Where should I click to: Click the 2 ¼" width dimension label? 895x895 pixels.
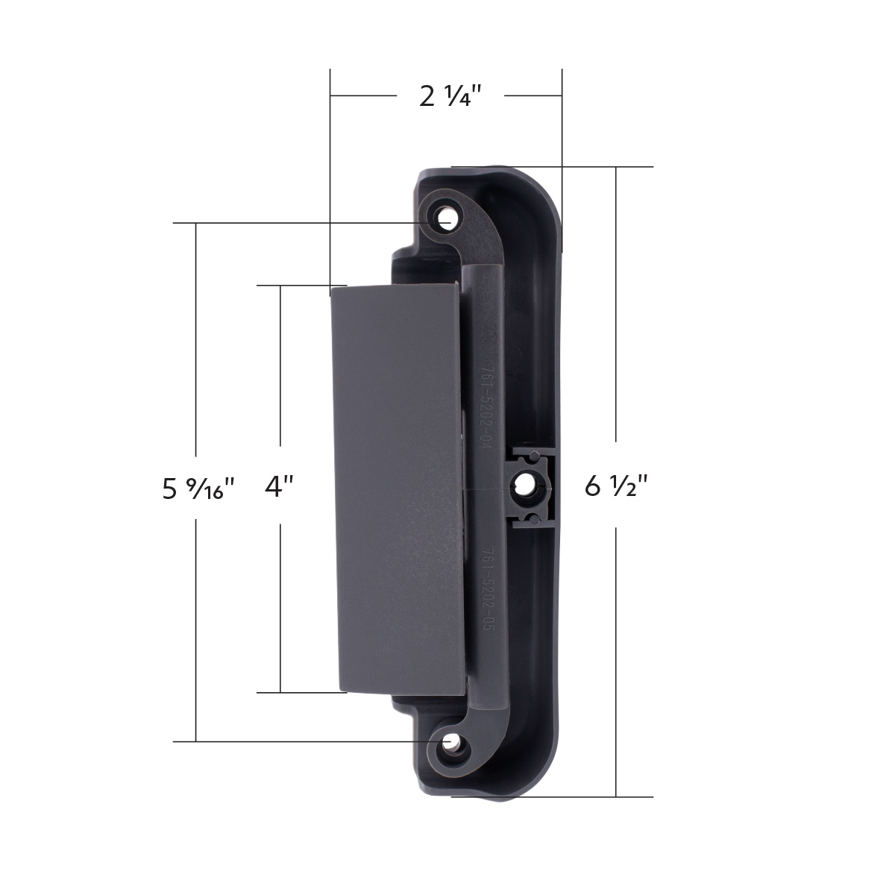[x=450, y=96]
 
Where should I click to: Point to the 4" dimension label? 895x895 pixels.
[x=280, y=487]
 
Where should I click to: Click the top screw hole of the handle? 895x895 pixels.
[x=447, y=219]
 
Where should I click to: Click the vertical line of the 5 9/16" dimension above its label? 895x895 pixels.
[x=196, y=336]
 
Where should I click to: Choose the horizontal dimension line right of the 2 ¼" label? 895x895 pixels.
[x=533, y=96]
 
